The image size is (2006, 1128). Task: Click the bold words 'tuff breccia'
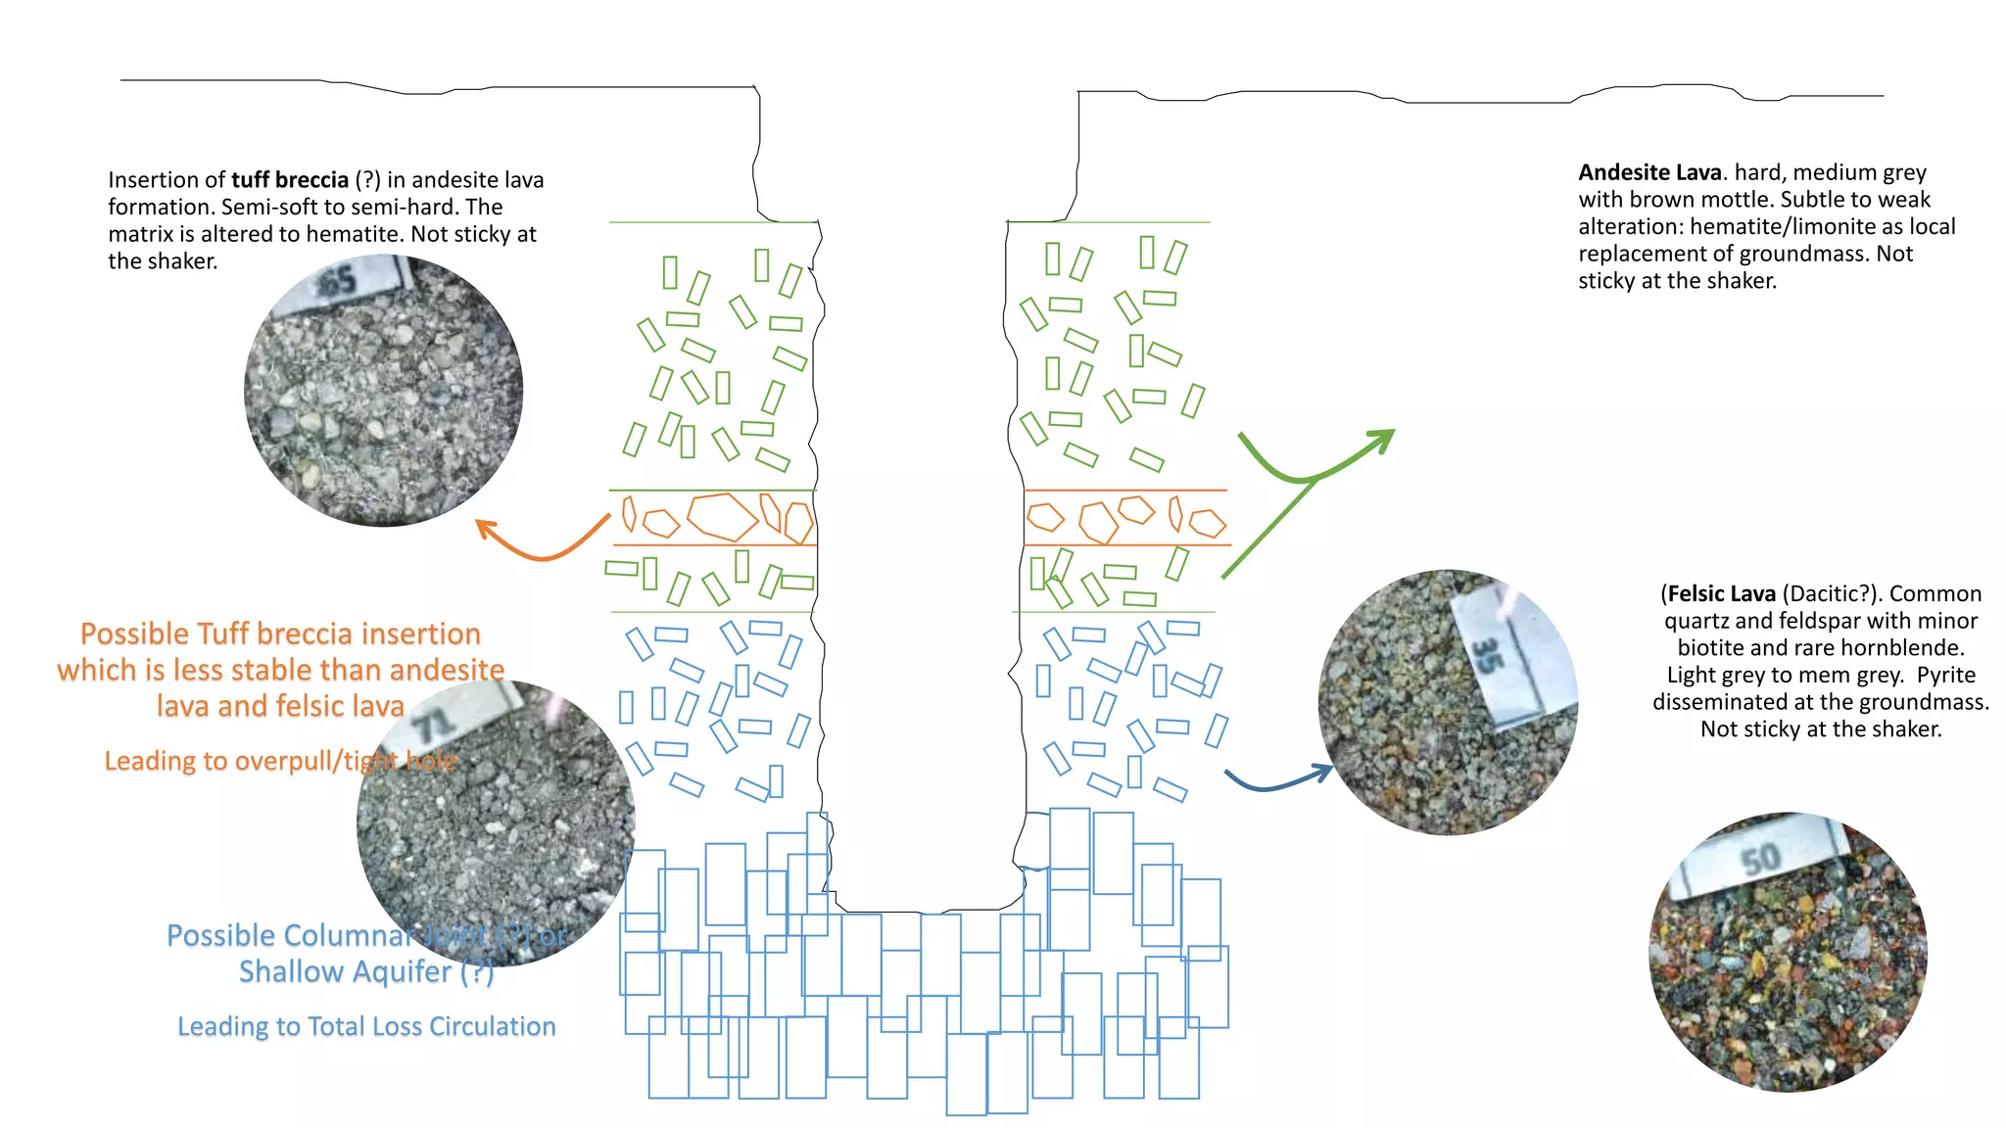pyautogui.click(x=290, y=180)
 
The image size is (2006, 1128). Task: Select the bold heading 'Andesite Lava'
pyautogui.click(x=1649, y=172)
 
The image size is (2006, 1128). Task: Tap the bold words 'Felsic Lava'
pyautogui.click(x=1722, y=593)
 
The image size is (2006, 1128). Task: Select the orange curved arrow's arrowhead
pyautogui.click(x=486, y=530)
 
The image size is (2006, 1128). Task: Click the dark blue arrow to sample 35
pyautogui.click(x=1278, y=780)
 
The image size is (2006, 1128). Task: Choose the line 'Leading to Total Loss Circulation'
pyautogui.click(x=366, y=1026)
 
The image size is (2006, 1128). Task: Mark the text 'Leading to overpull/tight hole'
pyautogui.click(x=280, y=761)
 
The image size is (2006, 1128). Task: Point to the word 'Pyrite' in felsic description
pyautogui.click(x=1945, y=675)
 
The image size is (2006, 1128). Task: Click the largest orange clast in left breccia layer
pyautogui.click(x=723, y=517)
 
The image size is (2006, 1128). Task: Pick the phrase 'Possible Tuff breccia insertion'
pyautogui.click(x=280, y=634)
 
